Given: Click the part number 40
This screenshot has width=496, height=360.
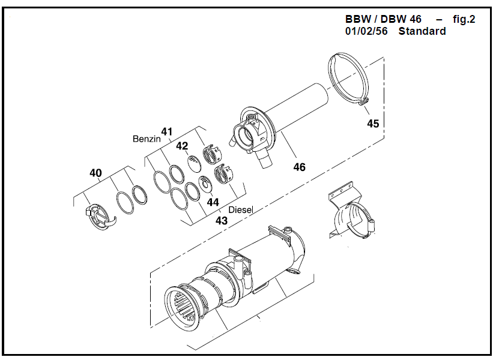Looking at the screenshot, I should pos(95,173).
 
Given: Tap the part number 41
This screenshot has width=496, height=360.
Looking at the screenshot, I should pos(166,131).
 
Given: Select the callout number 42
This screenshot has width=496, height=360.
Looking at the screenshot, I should pos(182,146).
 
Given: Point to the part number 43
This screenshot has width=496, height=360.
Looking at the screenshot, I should pos(222,220).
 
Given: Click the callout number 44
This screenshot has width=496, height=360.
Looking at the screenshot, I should pos(213,202).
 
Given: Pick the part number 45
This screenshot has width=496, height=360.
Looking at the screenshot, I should pos(373,124).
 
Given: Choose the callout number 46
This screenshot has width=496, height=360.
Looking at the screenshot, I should pos(299,167).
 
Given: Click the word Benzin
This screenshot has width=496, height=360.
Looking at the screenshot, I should pos(147,139).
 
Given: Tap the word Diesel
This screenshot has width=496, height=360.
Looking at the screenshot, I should pos(241,210).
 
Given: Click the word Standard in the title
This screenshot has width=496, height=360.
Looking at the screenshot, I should pos(422,31).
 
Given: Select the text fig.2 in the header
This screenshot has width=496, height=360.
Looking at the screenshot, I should pos(464,19).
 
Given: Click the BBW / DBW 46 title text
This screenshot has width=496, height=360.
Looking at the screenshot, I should pos(383,19).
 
